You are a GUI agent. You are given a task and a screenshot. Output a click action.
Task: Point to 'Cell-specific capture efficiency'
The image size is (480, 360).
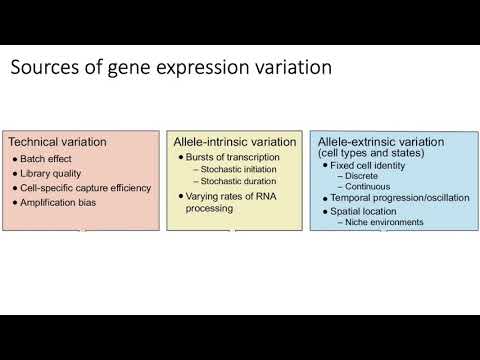86,188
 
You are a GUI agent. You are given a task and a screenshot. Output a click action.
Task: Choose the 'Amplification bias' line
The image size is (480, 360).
63,203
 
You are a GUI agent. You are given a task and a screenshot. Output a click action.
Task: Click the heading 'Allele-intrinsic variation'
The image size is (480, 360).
233,142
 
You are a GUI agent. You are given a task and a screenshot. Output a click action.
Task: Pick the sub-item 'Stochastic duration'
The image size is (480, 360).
241,182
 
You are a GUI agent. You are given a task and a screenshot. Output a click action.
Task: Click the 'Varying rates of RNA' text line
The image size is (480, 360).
236,197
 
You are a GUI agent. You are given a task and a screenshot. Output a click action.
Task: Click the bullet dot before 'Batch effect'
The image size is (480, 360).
16,158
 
